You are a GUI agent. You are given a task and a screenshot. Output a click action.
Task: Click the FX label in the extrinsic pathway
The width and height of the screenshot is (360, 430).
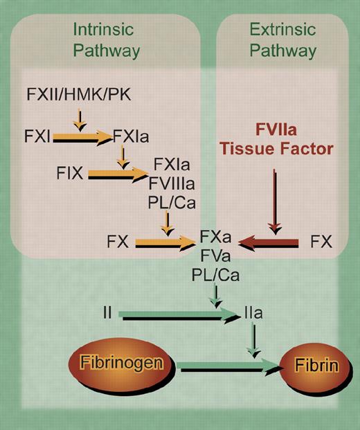tap(322, 242)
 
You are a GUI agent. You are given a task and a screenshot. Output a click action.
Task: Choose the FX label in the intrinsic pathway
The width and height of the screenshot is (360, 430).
tap(118, 242)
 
